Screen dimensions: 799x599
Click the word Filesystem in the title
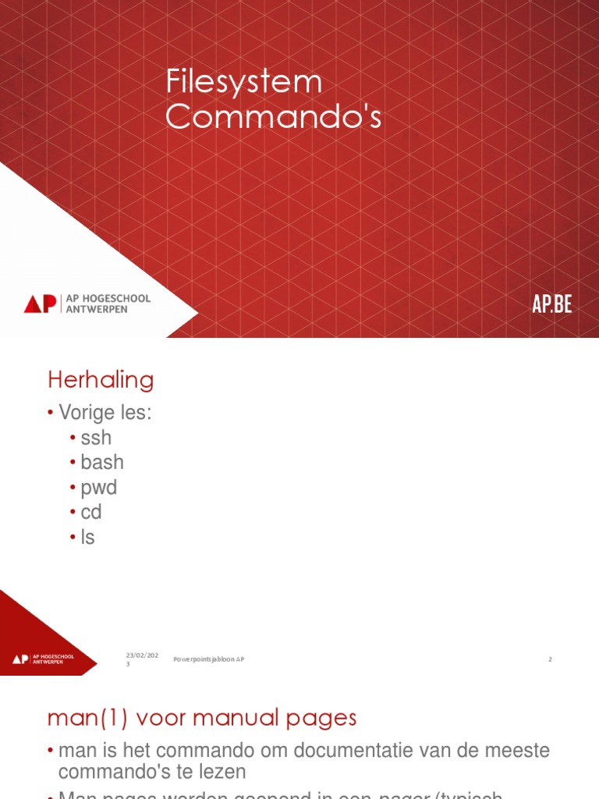(244, 82)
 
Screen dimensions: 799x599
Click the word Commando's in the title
(273, 117)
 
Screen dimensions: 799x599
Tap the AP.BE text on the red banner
(552, 304)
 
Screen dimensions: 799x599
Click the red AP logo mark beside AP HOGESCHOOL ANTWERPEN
(40, 304)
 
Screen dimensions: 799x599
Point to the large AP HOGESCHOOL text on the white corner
(108, 299)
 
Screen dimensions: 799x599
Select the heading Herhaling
(101, 380)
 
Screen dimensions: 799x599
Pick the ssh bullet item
(96, 438)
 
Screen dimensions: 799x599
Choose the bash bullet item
(102, 462)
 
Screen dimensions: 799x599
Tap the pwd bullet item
(98, 488)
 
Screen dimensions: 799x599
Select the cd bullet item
(91, 513)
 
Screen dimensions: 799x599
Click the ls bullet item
(87, 537)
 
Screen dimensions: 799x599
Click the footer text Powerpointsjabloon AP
(208, 659)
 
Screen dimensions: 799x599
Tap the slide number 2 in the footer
(550, 659)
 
